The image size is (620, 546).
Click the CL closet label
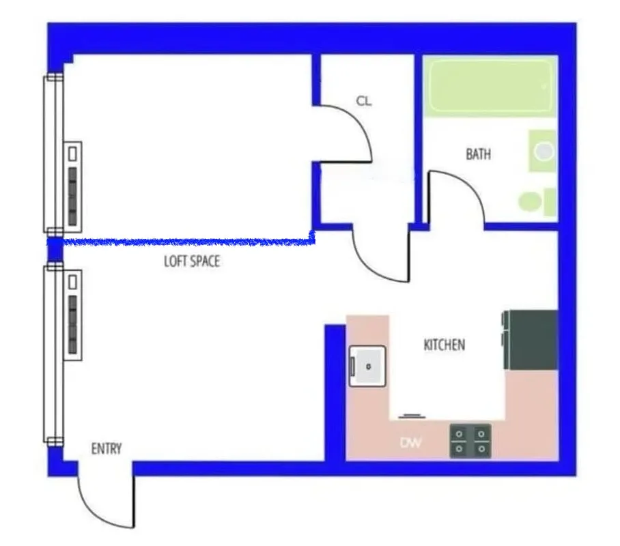pyautogui.click(x=363, y=101)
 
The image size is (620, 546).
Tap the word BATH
pyautogui.click(x=478, y=154)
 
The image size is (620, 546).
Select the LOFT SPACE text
pyautogui.click(x=192, y=261)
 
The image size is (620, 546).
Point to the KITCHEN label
pyautogui.click(x=445, y=345)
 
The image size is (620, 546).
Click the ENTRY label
pyautogui.click(x=107, y=448)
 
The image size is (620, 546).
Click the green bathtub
pyautogui.click(x=490, y=86)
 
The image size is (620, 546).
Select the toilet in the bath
pyautogui.click(x=533, y=201)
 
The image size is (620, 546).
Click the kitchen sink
pyautogui.click(x=367, y=366)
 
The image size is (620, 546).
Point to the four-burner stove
pyautogui.click(x=470, y=440)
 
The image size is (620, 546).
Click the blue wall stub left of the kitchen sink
pyautogui.click(x=335, y=392)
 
